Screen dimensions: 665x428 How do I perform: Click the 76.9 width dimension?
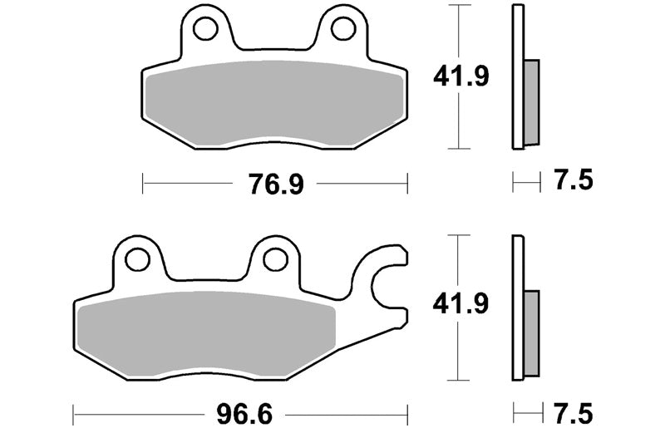(276, 184)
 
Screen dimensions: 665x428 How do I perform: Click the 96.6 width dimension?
(244, 415)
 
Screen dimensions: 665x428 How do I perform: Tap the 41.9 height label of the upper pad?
(461, 76)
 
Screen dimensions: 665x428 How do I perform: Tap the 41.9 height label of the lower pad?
(461, 303)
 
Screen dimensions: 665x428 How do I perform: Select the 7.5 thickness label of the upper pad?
(574, 180)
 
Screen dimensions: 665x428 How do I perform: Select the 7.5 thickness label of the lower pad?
(574, 414)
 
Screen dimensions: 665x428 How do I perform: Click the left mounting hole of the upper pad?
(205, 29)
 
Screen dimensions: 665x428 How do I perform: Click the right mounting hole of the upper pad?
(343, 29)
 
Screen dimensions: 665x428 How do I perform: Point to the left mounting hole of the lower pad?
(137, 259)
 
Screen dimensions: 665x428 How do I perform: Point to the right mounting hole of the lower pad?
(275, 259)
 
